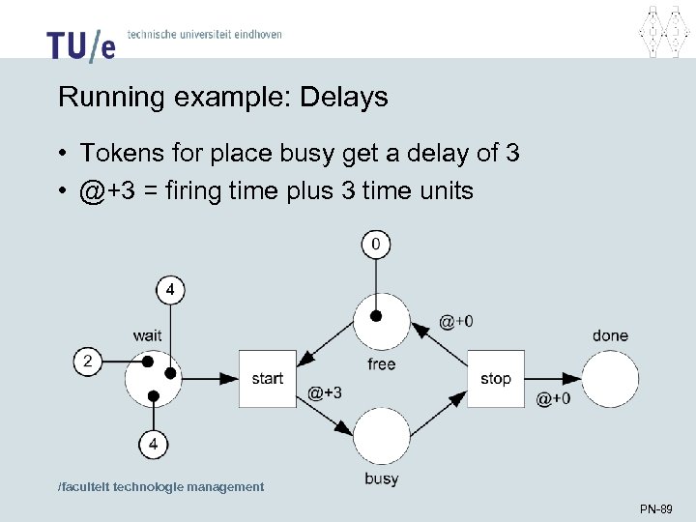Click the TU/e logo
pos(80,43)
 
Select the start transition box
pos(267,378)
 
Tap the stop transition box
pos(495,378)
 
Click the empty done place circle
pos(611,378)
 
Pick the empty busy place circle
pos(381,435)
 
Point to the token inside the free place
pos(377,315)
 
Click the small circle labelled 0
pos(375,245)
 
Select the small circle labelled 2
pos(88,362)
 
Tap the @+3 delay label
pos(325,392)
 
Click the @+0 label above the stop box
pos(456,322)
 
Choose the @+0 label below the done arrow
pos(553,398)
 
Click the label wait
pos(147,335)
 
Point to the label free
pos(382,364)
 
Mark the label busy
pos(382,479)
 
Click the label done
pos(610,335)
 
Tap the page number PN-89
pos(655,508)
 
